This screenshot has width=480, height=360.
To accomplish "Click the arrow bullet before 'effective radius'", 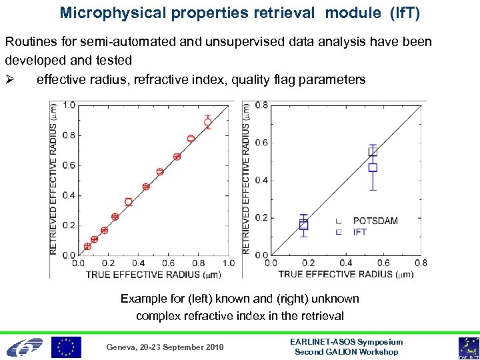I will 11,80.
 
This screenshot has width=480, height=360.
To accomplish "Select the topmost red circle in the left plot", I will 208,122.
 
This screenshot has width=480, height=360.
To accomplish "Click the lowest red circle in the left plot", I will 87,247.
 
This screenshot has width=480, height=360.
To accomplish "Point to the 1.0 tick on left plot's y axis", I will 69,105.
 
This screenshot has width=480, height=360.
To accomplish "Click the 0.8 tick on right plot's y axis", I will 261,105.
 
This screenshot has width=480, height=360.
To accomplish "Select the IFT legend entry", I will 359,232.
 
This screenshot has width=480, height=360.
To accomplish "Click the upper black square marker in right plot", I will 373,152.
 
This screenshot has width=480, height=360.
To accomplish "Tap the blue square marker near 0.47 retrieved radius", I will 373,168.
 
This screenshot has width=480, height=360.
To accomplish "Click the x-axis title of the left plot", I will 146,274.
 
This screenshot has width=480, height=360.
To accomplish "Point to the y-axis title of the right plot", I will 246,179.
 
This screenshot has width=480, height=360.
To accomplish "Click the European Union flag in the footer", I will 67,347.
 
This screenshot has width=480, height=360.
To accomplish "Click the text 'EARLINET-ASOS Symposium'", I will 347,342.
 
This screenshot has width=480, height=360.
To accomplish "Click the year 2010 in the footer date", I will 213,347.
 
